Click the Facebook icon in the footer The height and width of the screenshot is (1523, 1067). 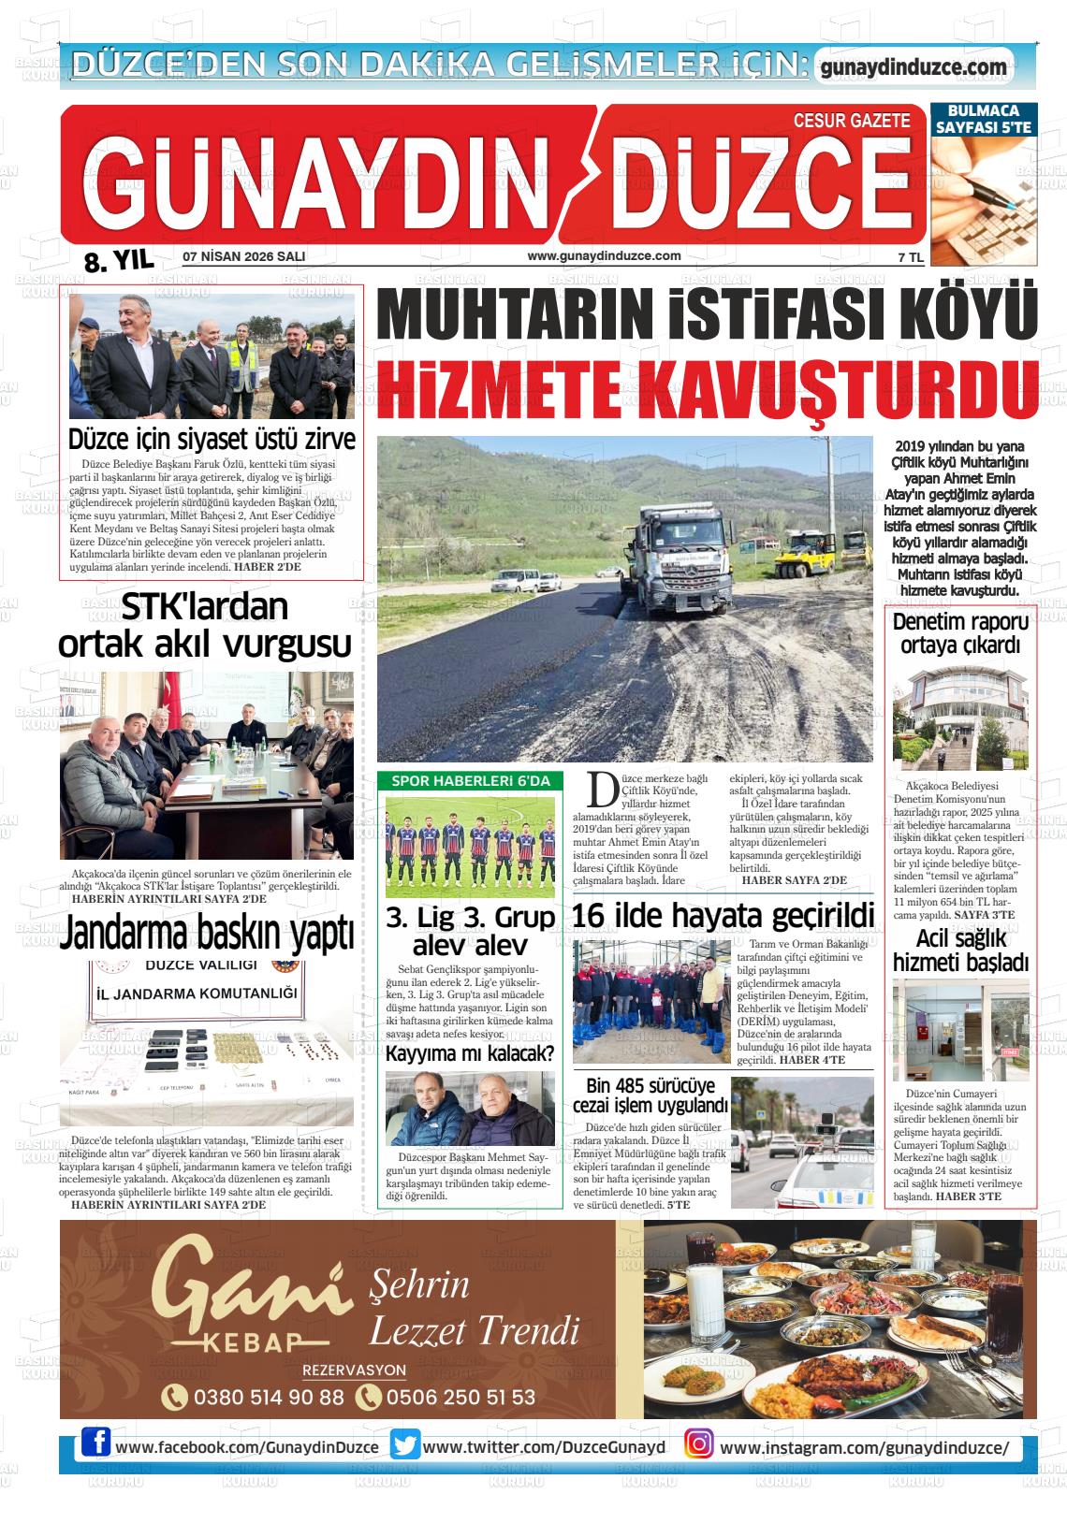tap(95, 1446)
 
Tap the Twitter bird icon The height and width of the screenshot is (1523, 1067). tap(405, 1446)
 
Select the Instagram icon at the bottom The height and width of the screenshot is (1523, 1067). tap(698, 1446)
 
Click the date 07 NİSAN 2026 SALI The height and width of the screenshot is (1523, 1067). tap(244, 256)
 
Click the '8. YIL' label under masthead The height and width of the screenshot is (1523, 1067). tap(118, 261)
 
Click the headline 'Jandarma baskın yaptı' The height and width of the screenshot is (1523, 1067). tap(207, 933)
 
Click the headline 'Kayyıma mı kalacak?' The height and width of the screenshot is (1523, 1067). tap(470, 1054)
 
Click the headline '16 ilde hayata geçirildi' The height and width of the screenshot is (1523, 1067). tap(723, 915)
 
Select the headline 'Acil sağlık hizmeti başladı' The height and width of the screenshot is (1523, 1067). tap(960, 950)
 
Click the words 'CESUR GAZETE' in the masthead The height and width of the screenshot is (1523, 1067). tap(851, 121)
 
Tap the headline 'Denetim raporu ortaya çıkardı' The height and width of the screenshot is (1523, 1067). tap(960, 633)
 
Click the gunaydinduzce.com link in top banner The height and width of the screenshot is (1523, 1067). tap(913, 67)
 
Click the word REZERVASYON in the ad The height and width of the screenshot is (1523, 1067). tap(354, 1371)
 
